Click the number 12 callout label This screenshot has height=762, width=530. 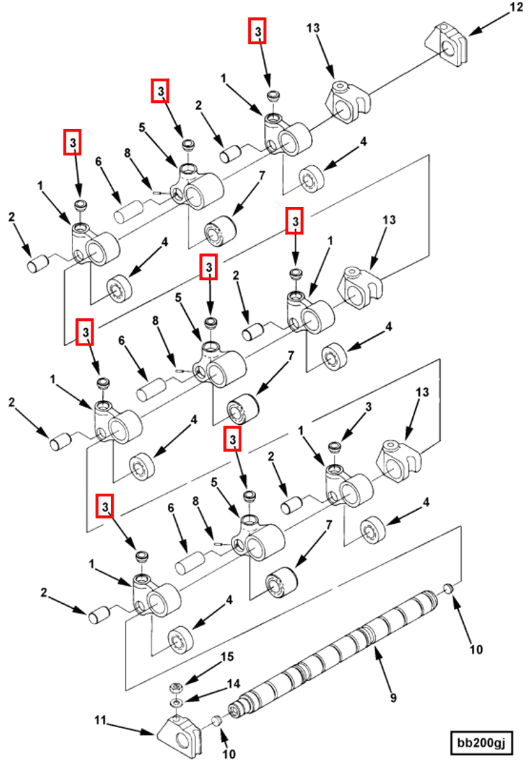[515, 8]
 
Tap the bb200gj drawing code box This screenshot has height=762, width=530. [480, 742]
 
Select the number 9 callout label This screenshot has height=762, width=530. [393, 697]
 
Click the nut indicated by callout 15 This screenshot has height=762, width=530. [178, 688]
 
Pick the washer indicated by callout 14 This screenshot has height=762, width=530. [178, 703]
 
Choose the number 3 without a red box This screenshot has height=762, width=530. [369, 407]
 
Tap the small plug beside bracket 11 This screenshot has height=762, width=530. [217, 720]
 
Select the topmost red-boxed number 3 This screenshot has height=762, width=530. [258, 31]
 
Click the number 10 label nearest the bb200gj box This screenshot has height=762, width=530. [476, 650]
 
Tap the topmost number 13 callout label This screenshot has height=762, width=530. [313, 28]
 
